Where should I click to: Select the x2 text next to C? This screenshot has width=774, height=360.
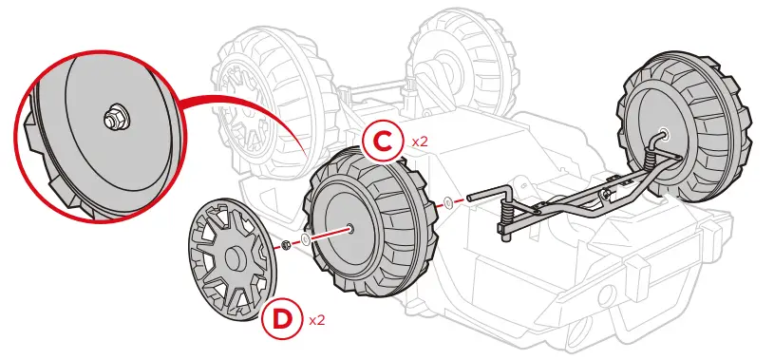coord(419,141)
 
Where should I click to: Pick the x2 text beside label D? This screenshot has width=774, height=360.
coord(317,320)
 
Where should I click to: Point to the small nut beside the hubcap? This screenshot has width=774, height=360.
coord(284,246)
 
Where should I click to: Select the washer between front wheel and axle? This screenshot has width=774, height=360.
coord(446,202)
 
